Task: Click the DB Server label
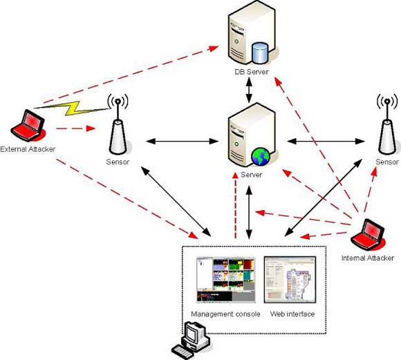click(x=252, y=72)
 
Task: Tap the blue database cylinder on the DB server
click(x=260, y=53)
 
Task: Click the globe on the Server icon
click(x=261, y=156)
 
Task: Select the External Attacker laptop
click(x=28, y=126)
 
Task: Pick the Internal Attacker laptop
click(x=368, y=235)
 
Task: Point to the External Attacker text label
click(x=28, y=149)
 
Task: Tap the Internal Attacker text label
click(x=368, y=258)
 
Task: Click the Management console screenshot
click(x=226, y=280)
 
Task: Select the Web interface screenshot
click(x=290, y=280)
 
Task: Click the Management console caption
click(x=225, y=314)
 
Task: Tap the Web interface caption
click(x=292, y=314)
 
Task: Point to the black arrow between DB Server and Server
click(x=249, y=90)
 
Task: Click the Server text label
click(x=252, y=175)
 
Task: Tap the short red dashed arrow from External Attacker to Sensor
click(x=75, y=129)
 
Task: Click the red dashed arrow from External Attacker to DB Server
click(x=131, y=75)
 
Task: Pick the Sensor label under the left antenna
click(x=118, y=162)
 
